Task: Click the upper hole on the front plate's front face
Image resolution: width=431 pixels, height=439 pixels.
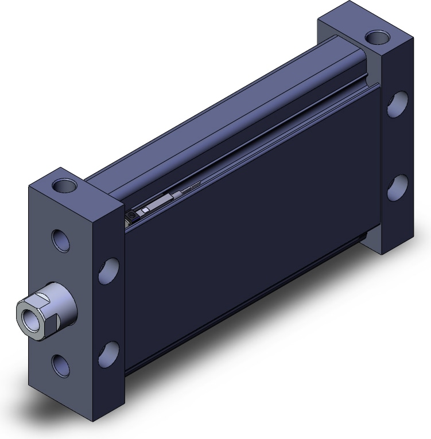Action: click(60, 240)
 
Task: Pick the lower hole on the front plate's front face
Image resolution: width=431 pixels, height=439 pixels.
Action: click(60, 364)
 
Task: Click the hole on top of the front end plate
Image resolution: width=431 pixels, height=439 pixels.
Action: click(64, 186)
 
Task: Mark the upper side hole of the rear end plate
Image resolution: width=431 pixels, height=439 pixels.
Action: click(397, 104)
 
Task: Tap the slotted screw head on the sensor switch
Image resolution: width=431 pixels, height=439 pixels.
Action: click(131, 215)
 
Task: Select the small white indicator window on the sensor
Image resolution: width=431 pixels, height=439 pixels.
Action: click(146, 210)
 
